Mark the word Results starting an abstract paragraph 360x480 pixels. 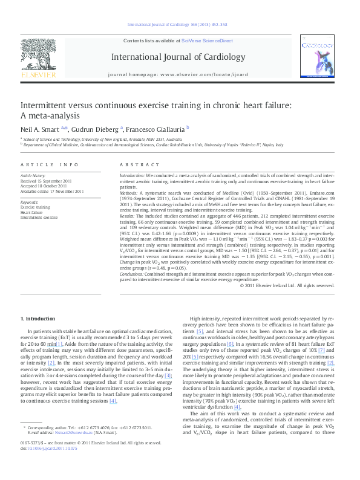coord(127,215)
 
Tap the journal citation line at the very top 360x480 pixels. coord(177,25)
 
